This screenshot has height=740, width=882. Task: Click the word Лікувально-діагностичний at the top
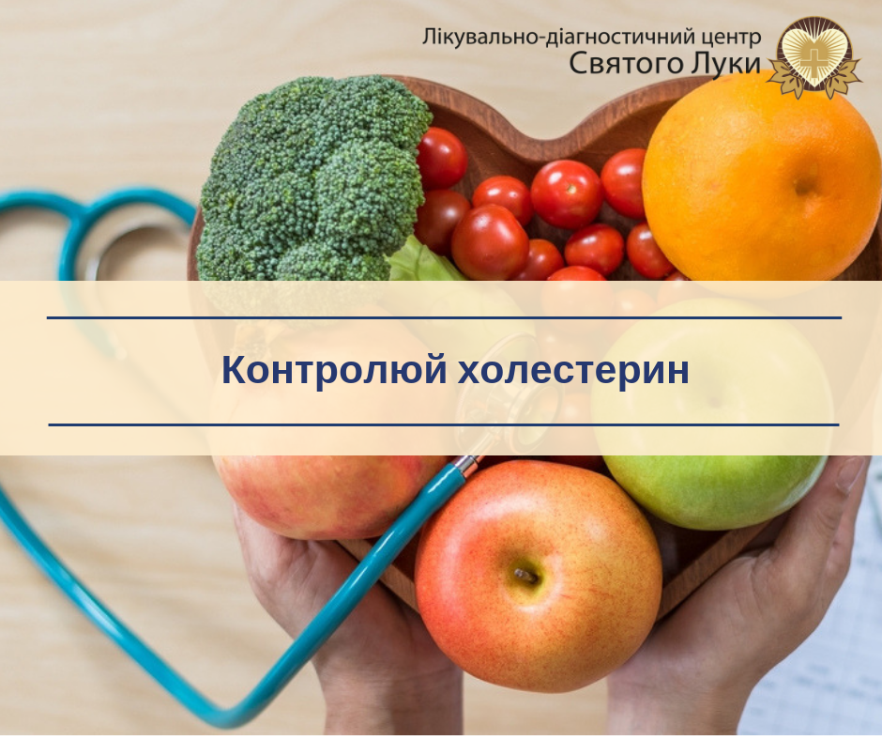tap(558, 38)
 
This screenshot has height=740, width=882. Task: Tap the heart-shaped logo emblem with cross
tap(814, 56)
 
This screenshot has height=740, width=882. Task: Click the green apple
tap(710, 416)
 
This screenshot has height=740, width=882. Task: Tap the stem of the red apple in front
tap(525, 576)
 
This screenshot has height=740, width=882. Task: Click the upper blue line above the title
tap(445, 318)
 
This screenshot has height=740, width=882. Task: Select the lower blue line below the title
tap(444, 424)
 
